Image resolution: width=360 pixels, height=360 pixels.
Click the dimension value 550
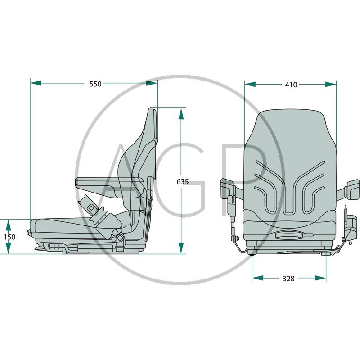[x=95, y=84]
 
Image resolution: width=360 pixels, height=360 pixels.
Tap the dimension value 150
[x=9, y=237]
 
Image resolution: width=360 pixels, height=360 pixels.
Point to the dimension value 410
[x=291, y=85]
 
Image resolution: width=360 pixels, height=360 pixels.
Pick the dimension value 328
[x=288, y=279]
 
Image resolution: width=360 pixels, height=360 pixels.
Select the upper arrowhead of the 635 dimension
[x=181, y=113]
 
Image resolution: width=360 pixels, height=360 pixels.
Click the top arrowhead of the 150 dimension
[x=8, y=224]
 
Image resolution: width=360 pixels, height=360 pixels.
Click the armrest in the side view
[x=108, y=182]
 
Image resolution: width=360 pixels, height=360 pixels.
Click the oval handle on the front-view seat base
[x=288, y=234]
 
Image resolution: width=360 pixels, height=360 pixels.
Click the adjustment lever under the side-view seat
[x=53, y=246]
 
